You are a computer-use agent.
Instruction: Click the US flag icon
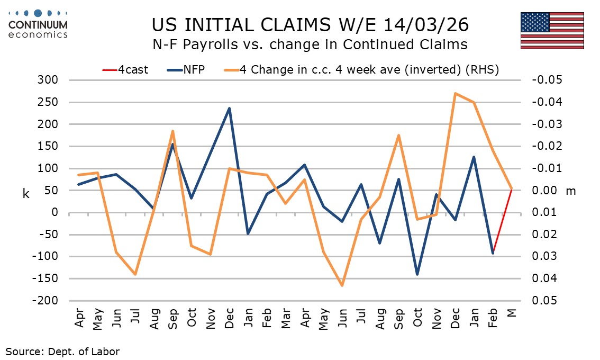point(552,31)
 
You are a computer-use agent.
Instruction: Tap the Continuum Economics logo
point(38,24)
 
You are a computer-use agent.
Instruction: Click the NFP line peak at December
point(229,109)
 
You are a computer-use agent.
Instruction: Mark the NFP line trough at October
point(417,274)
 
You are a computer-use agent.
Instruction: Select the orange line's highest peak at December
point(455,93)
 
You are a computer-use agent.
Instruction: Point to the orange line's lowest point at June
point(342,285)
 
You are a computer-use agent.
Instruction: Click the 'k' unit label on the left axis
point(26,193)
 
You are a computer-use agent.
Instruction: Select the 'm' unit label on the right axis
point(570,191)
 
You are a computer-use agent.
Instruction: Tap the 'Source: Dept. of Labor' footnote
point(62,350)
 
